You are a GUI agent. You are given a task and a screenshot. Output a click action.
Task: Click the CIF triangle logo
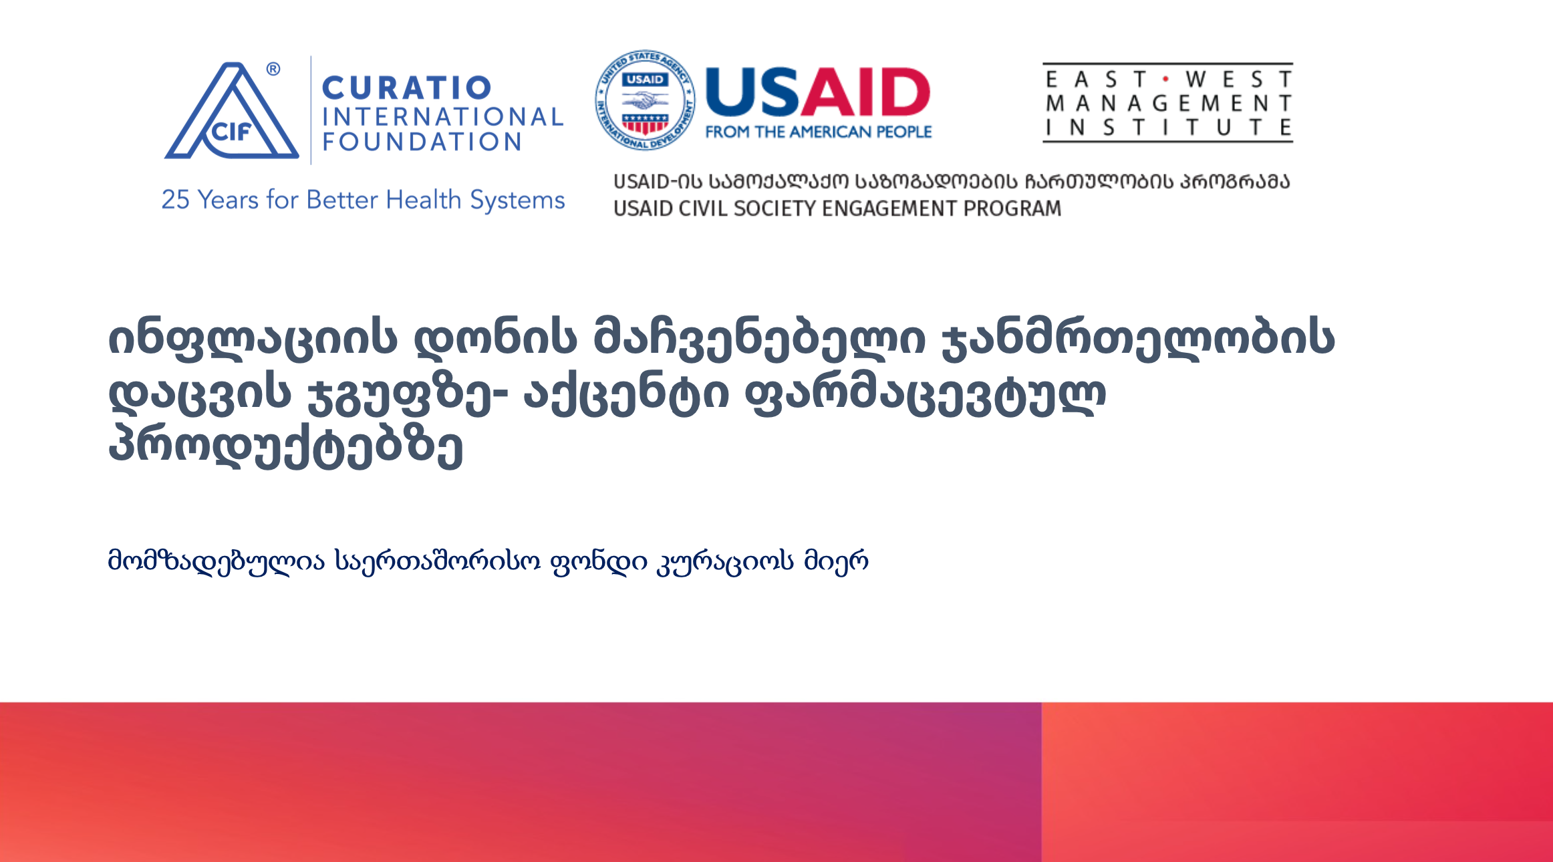coord(231,112)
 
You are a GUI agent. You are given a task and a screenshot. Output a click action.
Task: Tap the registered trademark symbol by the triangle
coord(273,69)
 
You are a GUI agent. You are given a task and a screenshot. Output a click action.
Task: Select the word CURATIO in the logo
coord(407,88)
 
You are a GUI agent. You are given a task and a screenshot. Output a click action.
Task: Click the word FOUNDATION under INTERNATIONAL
coord(422,142)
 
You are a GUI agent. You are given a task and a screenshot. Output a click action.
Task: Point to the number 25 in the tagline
coord(176,200)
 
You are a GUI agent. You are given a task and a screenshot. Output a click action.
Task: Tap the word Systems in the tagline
coord(517,200)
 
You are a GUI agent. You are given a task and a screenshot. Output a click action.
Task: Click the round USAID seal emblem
coord(645,100)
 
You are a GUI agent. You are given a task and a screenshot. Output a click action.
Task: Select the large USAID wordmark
coord(818,92)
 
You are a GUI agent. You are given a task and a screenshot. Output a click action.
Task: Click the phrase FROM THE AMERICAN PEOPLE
coord(819,132)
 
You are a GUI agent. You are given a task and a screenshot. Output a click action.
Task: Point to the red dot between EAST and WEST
coord(1166,79)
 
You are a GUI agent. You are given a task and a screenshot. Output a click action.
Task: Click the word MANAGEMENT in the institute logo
coord(1168,104)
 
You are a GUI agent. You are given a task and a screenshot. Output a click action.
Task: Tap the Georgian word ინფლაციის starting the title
coord(253,339)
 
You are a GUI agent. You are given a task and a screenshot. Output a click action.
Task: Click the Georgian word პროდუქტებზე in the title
coord(285,445)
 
